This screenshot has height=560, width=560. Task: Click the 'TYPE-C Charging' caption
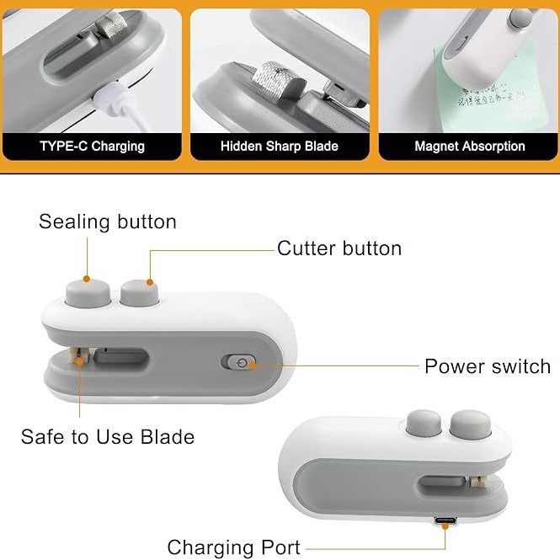pyautogui.click(x=92, y=146)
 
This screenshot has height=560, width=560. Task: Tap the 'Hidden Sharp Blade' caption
pyautogui.click(x=279, y=146)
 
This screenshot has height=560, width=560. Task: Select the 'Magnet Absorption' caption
pyautogui.click(x=469, y=146)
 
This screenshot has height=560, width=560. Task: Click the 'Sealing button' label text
pyautogui.click(x=108, y=221)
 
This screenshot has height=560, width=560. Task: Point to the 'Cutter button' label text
pyautogui.click(x=339, y=248)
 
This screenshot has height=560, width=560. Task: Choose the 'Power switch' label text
pyautogui.click(x=488, y=366)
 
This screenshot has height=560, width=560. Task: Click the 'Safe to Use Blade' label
pyautogui.click(x=108, y=437)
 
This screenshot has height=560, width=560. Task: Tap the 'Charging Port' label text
pyautogui.click(x=233, y=547)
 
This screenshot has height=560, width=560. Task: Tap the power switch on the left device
pyautogui.click(x=239, y=362)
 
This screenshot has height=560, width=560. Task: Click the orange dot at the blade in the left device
pyautogui.click(x=80, y=361)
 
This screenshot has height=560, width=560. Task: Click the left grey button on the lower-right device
pyautogui.click(x=423, y=423)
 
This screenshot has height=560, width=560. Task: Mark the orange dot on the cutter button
pyautogui.click(x=151, y=281)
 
